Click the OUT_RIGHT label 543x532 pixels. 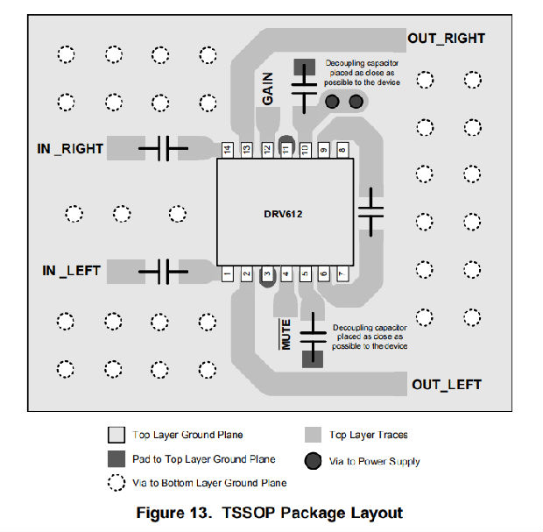[446, 39]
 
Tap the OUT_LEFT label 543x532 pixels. [446, 385]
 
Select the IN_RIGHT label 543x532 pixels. [70, 148]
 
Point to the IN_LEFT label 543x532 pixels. [71, 271]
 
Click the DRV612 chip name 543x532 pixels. [283, 214]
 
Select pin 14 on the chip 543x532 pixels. [227, 150]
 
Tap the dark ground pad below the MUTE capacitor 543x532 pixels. [309, 357]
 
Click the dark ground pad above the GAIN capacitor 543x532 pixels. [304, 67]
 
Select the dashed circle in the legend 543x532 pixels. [116, 482]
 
